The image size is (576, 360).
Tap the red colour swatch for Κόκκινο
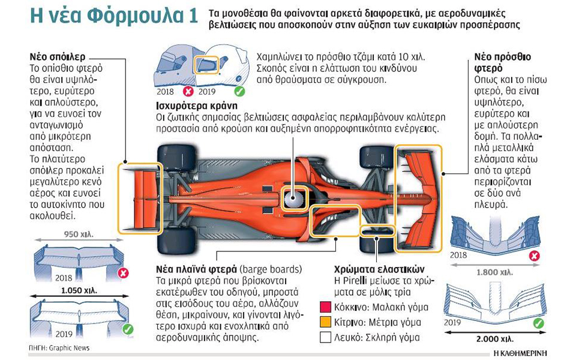pos(326,307)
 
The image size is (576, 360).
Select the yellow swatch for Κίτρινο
pos(326,322)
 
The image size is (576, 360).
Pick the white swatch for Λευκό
pos(326,337)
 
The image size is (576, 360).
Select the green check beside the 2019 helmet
pos(239,92)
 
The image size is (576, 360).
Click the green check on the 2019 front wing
pos(538,323)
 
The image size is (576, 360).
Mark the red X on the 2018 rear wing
pos(124,273)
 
